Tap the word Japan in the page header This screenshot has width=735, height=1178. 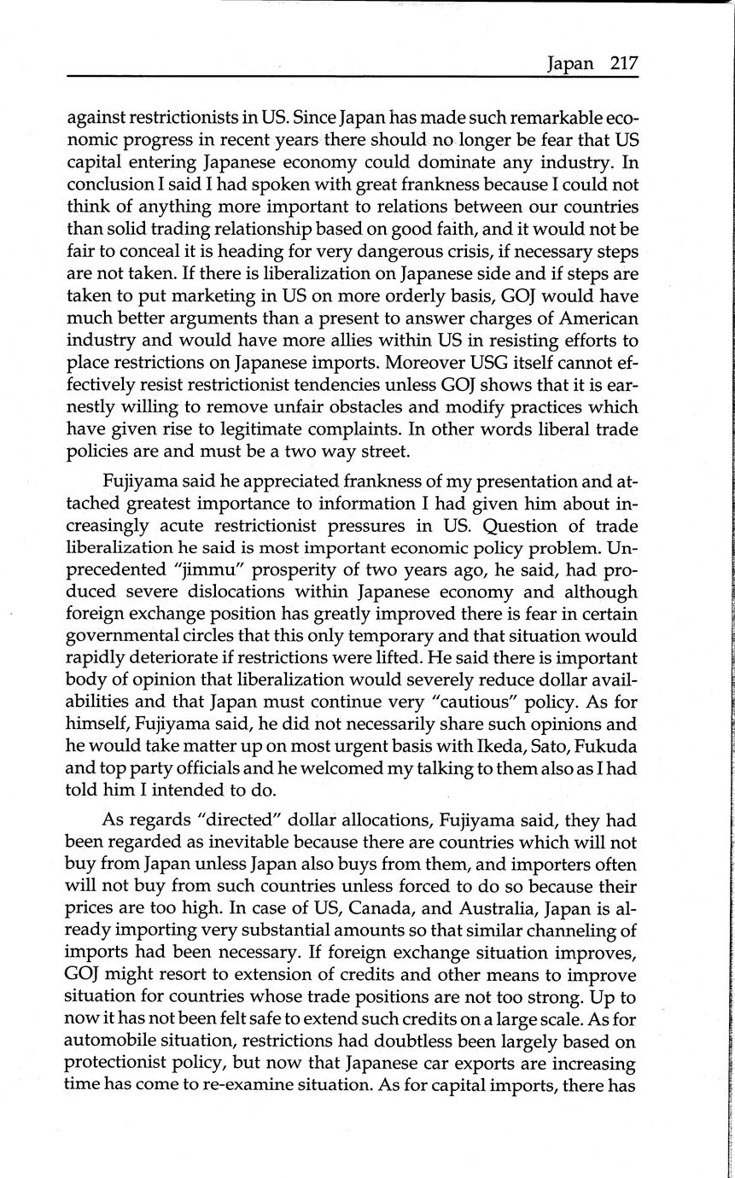pyautogui.click(x=571, y=64)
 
